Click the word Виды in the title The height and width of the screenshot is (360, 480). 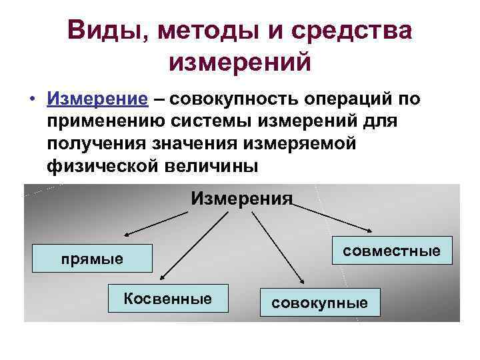[x=99, y=31]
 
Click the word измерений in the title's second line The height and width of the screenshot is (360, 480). [x=240, y=63]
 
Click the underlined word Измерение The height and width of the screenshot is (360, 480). [x=97, y=99]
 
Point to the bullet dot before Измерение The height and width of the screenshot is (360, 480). [x=32, y=100]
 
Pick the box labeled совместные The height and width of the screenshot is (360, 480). [x=392, y=251]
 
